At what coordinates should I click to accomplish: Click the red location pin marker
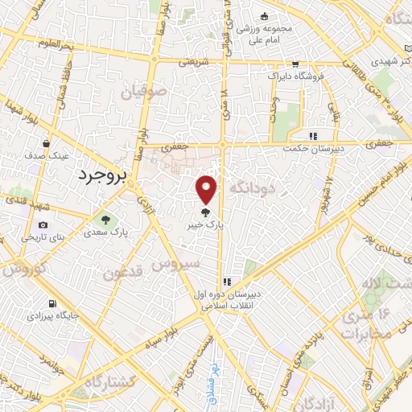[208, 190]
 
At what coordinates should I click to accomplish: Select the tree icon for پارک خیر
[207, 213]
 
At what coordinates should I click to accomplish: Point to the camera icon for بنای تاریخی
[43, 225]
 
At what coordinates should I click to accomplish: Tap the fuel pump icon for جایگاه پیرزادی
[52, 304]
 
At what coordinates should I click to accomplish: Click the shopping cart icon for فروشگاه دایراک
[295, 64]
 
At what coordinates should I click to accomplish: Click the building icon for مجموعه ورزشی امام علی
[263, 18]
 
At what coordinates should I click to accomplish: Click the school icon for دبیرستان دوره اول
[228, 282]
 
